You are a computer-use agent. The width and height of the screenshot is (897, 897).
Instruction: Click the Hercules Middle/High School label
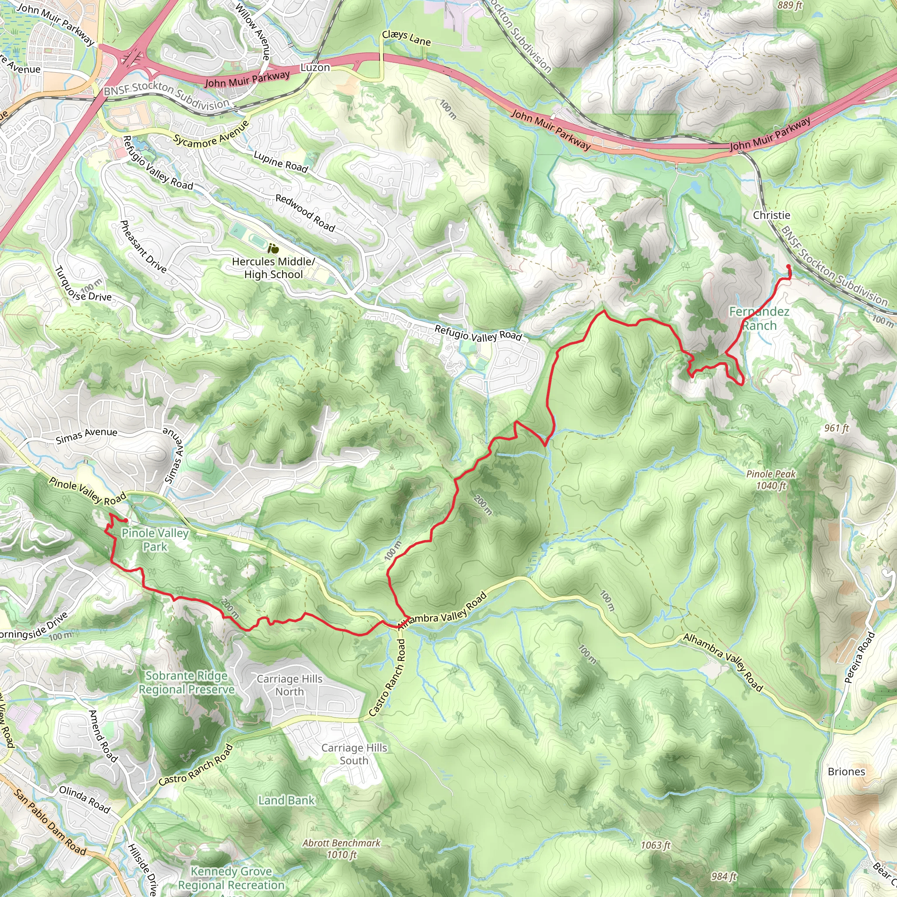pyautogui.click(x=273, y=268)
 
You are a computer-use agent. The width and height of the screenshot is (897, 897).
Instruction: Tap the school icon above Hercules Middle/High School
pyautogui.click(x=273, y=249)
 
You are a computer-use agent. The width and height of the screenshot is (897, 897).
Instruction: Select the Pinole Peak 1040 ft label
pyautogui.click(x=771, y=480)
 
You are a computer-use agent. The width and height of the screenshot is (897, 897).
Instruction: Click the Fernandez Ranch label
pyautogui.click(x=759, y=318)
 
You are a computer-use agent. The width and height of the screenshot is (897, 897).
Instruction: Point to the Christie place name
pyautogui.click(x=771, y=215)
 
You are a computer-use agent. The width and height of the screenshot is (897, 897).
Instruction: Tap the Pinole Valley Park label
pyautogui.click(x=155, y=540)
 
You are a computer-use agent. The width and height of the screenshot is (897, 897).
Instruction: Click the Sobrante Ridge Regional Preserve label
pyautogui.click(x=187, y=682)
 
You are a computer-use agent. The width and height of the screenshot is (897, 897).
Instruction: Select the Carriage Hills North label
pyautogui.click(x=289, y=685)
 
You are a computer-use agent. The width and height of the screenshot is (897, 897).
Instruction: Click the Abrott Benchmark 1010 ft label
pyautogui.click(x=341, y=848)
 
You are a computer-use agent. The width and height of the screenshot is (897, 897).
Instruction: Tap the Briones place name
pyautogui.click(x=846, y=772)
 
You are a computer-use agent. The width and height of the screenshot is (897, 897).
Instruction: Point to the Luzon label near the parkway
pyautogui.click(x=315, y=67)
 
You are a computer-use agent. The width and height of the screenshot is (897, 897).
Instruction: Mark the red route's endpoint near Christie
pyautogui.click(x=788, y=266)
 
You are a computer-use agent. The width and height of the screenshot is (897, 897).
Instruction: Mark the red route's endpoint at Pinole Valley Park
pyautogui.click(x=126, y=520)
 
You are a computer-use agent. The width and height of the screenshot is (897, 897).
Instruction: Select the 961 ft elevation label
pyautogui.click(x=837, y=427)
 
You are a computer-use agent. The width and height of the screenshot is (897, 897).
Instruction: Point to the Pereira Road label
pyautogui.click(x=859, y=657)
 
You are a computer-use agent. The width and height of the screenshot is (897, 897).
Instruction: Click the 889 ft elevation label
pyautogui.click(x=790, y=6)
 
